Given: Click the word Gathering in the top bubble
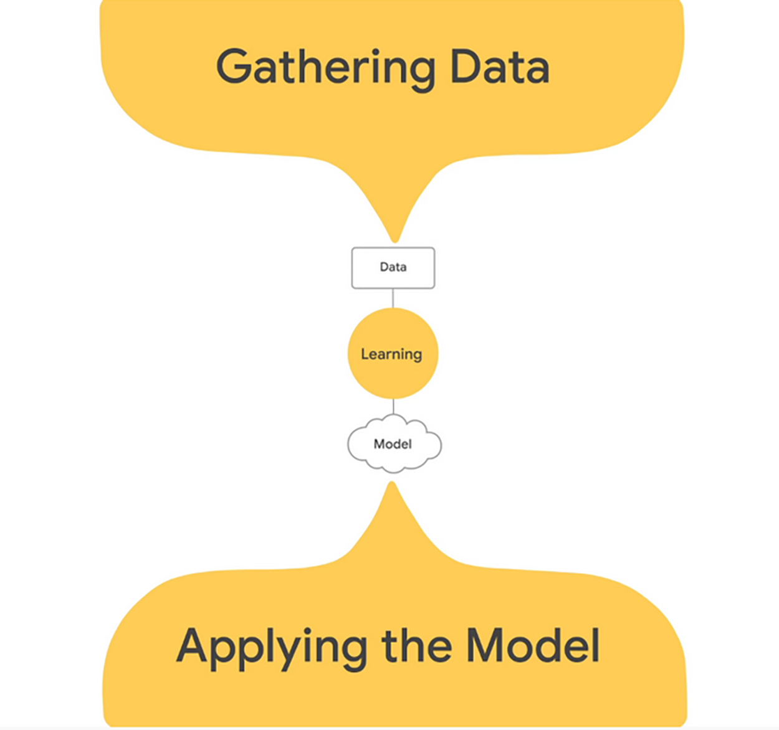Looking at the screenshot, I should click(x=325, y=67).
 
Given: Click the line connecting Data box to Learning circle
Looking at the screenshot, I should click(x=393, y=298).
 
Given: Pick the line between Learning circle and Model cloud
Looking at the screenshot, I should click(x=393, y=407).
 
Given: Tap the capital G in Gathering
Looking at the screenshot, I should click(x=233, y=67).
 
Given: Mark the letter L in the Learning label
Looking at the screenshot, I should click(x=364, y=354).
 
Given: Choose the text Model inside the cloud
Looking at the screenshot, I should click(x=393, y=444).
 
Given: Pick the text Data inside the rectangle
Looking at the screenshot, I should click(x=393, y=267).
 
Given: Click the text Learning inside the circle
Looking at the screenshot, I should click(x=391, y=354).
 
